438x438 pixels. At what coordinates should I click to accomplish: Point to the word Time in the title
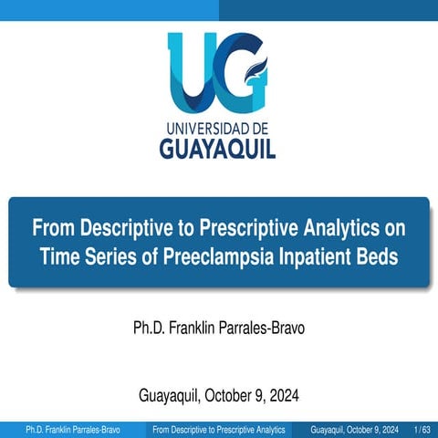pos(59,257)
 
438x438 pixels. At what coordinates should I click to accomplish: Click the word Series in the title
pos(114,257)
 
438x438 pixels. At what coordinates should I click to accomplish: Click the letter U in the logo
pos(193,68)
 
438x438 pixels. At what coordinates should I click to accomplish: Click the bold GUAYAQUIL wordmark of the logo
pos(218,147)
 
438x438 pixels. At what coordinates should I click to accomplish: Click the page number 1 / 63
pos(422,429)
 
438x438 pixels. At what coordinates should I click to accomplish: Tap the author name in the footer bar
pos(72,429)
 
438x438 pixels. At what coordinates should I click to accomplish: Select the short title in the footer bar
pos(219,429)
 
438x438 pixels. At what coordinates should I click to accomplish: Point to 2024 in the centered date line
pos(282,396)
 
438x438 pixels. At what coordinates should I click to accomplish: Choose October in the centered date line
pos(229,396)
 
